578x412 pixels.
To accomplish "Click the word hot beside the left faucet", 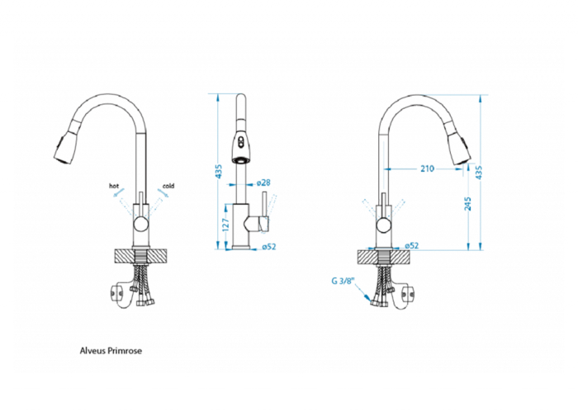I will (114, 187).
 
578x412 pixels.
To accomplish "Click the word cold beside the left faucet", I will (168, 187).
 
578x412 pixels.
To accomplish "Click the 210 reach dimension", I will (427, 168).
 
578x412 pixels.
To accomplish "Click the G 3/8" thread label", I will (342, 282).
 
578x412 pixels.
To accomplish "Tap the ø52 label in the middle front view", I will (268, 246).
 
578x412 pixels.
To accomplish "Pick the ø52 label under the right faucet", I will (412, 245).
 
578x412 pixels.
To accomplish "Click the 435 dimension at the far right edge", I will (479, 171).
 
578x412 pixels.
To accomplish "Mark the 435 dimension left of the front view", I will (219, 171).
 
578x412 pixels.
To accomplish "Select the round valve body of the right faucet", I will (384, 221).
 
